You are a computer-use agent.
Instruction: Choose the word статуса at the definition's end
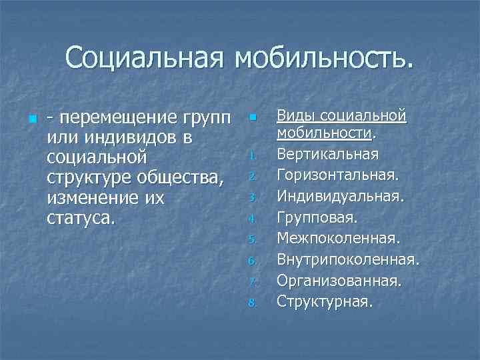pyautogui.click(x=81, y=219)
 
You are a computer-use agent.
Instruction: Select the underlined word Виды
pyautogui.click(x=295, y=115)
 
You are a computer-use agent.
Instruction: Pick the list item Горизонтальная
pyautogui.click(x=339, y=175)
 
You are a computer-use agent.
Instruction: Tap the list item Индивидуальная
pyautogui.click(x=340, y=197)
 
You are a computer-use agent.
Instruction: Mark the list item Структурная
pyautogui.click(x=325, y=301)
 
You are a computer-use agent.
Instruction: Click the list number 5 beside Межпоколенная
pyautogui.click(x=252, y=239)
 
